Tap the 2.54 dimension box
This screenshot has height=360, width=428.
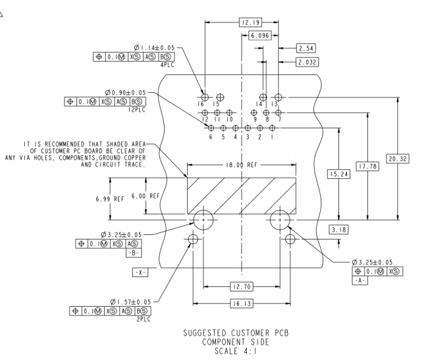pos(307,48)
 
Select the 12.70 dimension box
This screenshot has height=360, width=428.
pos(241,286)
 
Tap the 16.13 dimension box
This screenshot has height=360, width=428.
pos(241,303)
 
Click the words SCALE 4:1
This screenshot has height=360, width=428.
pos(241,350)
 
